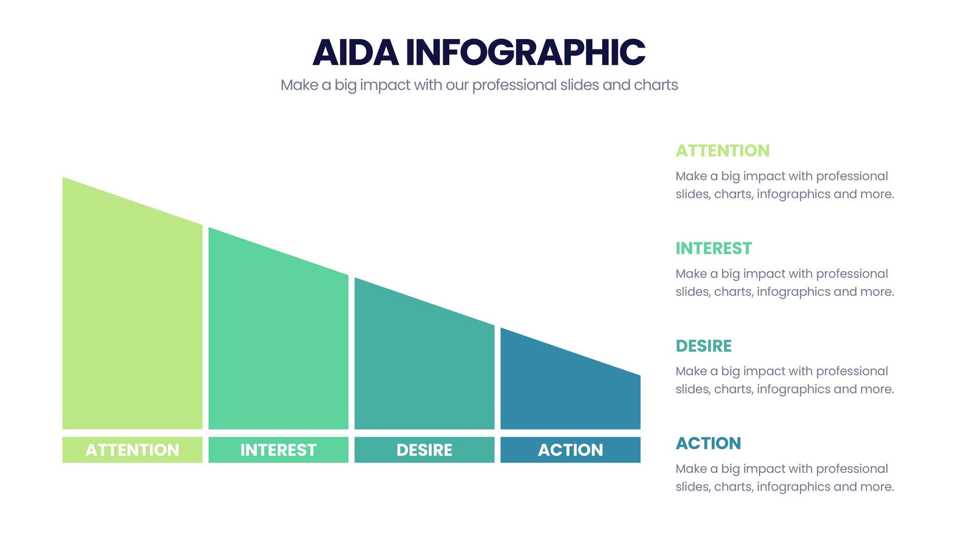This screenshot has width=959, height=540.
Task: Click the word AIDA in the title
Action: [x=355, y=52]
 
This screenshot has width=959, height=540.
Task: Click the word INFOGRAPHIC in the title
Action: [x=525, y=52]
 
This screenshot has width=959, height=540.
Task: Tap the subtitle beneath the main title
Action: [x=479, y=85]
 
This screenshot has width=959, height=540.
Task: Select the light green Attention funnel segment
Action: [x=132, y=321]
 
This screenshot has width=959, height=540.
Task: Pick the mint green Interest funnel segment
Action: [x=278, y=345]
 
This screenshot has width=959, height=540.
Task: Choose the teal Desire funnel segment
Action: [x=424, y=370]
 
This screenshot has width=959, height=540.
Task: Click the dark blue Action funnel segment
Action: [x=570, y=390]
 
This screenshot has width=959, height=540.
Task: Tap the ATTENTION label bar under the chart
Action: [x=132, y=450]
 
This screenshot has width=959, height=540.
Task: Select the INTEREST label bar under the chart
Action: [x=278, y=450]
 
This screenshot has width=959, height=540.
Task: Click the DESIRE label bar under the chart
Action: [x=424, y=450]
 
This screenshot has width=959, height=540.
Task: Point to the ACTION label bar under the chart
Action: [x=570, y=450]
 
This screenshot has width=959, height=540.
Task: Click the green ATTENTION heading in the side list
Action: [x=722, y=151]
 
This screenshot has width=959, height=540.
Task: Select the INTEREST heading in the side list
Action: [x=714, y=249]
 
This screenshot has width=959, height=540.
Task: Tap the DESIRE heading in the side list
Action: [x=703, y=346]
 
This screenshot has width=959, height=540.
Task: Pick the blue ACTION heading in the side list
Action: [x=708, y=443]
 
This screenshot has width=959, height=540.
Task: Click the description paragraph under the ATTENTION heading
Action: [x=785, y=185]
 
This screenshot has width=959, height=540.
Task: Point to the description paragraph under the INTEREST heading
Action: [x=785, y=283]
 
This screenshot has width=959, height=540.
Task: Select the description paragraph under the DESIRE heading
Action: [x=785, y=380]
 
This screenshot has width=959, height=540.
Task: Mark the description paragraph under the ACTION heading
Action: [x=785, y=478]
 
